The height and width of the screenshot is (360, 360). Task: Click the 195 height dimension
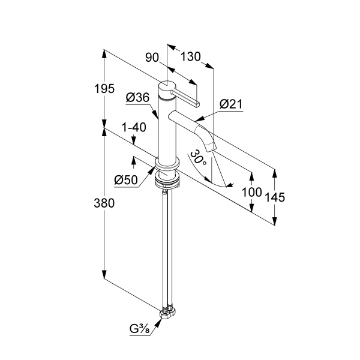coord(104,89)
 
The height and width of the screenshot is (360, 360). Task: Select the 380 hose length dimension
coord(104,203)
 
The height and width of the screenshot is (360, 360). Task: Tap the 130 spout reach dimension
coord(191,56)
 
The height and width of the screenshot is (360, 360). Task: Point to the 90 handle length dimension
coord(152,58)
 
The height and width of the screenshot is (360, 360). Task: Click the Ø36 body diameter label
coord(137,98)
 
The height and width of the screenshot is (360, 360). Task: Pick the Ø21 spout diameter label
coord(231,104)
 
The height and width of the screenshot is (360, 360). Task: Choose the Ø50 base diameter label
coord(126,180)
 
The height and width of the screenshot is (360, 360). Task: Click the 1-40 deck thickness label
coord(134,127)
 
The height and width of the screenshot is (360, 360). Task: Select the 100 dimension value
coord(252,192)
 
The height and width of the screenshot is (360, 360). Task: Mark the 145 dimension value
coord(275,197)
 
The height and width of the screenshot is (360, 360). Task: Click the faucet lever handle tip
coord(198,104)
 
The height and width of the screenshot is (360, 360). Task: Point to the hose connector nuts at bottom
coord(167,313)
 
